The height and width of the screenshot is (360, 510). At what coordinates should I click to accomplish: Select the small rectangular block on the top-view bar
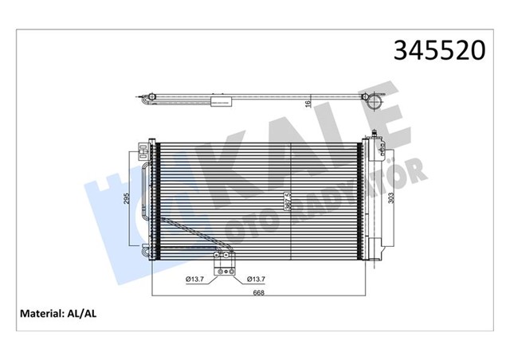(x=219, y=101)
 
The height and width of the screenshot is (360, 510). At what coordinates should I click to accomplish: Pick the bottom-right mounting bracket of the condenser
(x=371, y=253)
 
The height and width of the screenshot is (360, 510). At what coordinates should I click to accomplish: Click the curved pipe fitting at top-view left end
(x=145, y=100)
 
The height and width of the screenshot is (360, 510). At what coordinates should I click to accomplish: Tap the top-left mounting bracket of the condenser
(x=148, y=146)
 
